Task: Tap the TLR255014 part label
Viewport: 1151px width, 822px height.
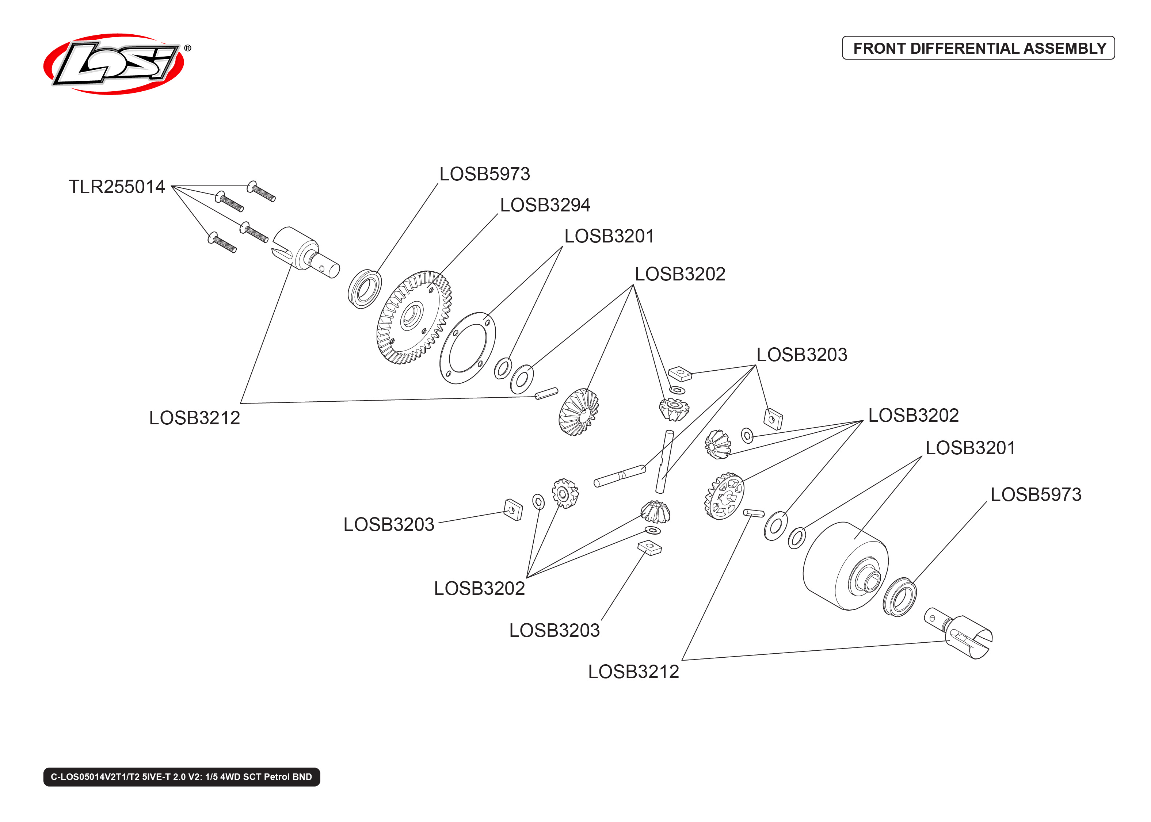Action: [x=117, y=187]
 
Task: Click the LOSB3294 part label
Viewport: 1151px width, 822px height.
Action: [x=545, y=205]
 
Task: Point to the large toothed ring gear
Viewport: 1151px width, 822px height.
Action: [x=413, y=317]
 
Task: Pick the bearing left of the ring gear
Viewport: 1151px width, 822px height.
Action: [x=365, y=289]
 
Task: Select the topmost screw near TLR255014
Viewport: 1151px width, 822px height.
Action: [x=261, y=191]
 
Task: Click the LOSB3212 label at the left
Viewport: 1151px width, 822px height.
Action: [x=194, y=418]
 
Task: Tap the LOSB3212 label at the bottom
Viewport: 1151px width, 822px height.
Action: [x=633, y=672]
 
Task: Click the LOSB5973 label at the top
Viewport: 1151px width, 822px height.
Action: [x=484, y=174]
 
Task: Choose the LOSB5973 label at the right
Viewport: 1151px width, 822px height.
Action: [x=1036, y=494]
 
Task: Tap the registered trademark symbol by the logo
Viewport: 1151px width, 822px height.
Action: [x=187, y=48]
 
